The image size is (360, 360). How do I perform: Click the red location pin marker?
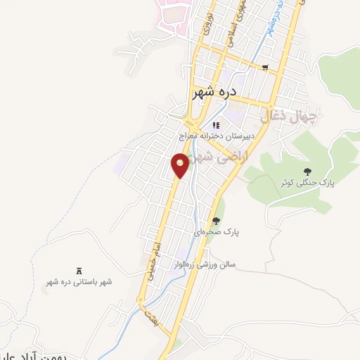[x=181, y=165]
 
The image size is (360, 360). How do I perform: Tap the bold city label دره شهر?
[x=214, y=92]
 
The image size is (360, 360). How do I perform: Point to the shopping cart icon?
[x=265, y=68]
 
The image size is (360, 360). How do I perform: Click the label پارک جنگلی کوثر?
[x=307, y=182]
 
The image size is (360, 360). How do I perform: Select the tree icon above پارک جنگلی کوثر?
[x=307, y=171]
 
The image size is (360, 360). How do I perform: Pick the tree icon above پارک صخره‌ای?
[x=217, y=221]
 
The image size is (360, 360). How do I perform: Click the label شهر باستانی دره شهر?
[x=79, y=282]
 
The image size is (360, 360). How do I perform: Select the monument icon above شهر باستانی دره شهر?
[x=79, y=271]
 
